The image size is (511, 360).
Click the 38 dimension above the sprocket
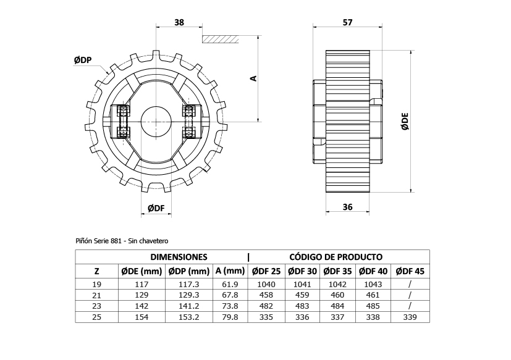179,22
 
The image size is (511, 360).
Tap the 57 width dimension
347,22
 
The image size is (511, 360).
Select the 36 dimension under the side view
347,207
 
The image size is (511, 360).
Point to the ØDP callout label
83,60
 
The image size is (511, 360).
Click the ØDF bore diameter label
156,209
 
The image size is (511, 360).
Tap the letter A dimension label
253,78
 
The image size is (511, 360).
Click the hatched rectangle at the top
220,39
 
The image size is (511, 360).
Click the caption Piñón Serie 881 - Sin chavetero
122,240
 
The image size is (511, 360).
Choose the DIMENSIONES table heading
179,257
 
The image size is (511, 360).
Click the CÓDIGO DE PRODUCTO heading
336,257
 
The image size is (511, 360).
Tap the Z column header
96,271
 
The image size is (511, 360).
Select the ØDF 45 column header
410,271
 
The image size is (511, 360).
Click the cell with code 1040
266,284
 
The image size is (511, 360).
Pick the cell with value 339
410,317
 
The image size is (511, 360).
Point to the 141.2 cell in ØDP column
188,306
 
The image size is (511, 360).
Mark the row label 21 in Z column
96,295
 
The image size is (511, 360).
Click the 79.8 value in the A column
230,317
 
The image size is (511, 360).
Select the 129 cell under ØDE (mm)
141,295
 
